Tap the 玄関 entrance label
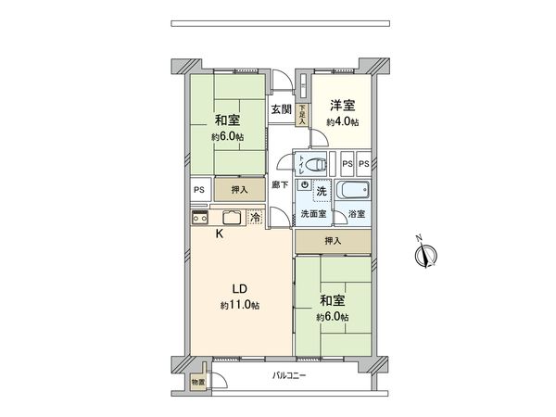pos(280,109)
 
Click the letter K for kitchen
pos(220,234)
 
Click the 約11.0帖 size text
pos(239,305)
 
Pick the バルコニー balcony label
pos(290,375)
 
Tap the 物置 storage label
pos(197,381)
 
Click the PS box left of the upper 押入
pos(198,189)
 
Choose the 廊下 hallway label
pos(279,185)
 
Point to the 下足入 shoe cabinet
pos(302,114)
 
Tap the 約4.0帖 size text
pos(342,122)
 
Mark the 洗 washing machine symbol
pos(321,191)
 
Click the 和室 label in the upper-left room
pos(227,120)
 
